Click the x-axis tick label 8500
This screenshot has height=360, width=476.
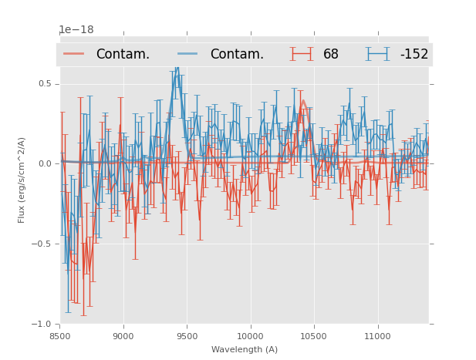pos(60,336)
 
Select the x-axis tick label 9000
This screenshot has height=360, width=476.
pos(123,336)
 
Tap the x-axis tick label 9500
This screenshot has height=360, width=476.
pos(187,336)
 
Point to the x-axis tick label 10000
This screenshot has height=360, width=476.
pos(251,336)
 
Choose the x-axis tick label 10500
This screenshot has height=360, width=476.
pos(314,336)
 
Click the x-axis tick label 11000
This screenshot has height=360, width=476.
pos(377,336)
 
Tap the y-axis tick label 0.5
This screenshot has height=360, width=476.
pos(46,83)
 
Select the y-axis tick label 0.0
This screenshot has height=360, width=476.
pos(46,163)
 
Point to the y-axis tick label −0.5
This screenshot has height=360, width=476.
pos(43,244)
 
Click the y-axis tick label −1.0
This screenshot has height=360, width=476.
pos(43,324)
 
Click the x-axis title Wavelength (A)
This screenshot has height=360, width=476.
pos(245,349)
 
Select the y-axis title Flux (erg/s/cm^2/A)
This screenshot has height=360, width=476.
pos(22,180)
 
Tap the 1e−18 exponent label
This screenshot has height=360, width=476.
pos(76,30)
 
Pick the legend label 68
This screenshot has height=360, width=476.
pos(331,55)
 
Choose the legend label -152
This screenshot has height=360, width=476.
pos(414,55)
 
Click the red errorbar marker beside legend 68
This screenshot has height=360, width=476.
pos(302,54)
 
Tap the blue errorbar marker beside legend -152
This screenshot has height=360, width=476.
pos(378,54)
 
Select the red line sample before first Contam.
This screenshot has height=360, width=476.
pos(74,54)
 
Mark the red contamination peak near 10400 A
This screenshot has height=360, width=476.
pos(303,100)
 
